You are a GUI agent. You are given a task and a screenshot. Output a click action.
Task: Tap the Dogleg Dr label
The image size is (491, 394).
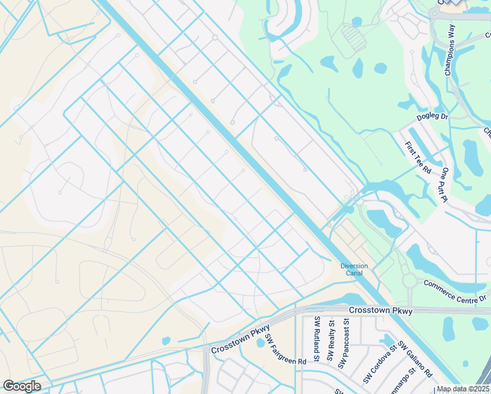433,118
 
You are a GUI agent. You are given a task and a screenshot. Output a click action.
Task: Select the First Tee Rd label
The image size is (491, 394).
417,158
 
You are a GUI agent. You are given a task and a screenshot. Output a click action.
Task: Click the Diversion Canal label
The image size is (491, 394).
354,269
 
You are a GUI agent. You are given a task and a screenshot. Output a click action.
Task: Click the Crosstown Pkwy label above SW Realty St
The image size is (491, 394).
381,310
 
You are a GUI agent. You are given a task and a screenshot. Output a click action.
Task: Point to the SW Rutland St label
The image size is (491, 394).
316,339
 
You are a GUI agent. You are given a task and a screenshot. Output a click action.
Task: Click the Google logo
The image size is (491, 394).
22,385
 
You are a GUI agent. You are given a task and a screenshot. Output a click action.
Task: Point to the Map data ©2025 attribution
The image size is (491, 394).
463,389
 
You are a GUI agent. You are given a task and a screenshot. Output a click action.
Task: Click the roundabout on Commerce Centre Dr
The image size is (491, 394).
410,281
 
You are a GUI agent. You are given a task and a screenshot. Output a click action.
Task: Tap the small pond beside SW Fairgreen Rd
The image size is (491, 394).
261,343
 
